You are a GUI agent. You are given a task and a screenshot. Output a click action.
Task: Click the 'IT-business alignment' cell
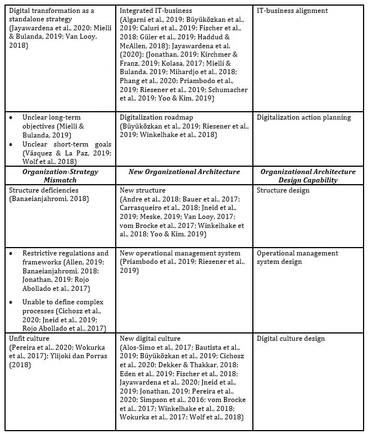click(x=292, y=11)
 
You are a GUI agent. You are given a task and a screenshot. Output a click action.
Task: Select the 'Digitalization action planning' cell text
click(x=303, y=118)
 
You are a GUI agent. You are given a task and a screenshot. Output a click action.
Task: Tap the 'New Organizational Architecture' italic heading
click(x=184, y=172)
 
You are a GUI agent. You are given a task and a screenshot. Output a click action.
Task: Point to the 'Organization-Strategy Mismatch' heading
click(x=59, y=176)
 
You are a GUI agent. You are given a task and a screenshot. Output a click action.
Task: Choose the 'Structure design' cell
click(x=283, y=190)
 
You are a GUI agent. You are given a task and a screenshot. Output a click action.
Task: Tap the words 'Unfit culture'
click(x=29, y=339)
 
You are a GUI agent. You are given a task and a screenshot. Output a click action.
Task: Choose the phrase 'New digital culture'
click(x=150, y=339)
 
